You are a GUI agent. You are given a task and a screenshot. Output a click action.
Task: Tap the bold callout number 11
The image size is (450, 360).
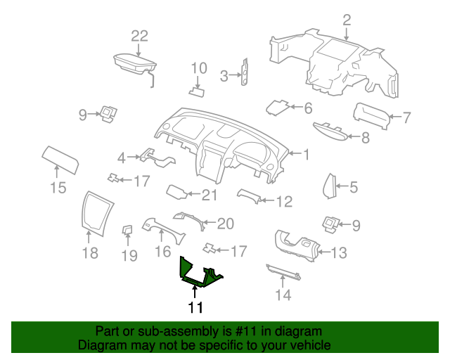coord(195,307)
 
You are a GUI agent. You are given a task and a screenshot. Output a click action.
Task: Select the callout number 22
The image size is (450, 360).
coord(139,36)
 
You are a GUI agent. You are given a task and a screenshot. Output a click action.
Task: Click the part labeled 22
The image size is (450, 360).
coord(134,65)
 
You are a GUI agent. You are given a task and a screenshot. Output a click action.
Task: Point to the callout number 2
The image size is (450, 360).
coord(347,20)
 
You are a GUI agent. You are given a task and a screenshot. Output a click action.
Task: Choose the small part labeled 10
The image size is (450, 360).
coord(197,92)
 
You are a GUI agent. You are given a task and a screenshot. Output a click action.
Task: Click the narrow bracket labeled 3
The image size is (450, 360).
coord(245,72)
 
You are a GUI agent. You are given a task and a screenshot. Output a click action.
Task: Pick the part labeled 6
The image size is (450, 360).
coord(276,108)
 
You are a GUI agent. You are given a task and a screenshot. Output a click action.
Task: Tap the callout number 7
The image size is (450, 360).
coord(406,117)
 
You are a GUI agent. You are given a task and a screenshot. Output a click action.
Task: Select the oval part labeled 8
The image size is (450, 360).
coord(330,132)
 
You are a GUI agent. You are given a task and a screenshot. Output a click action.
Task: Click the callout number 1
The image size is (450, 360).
coord(307,155)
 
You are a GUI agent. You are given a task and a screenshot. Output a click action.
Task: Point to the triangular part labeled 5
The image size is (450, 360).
coord(330,186)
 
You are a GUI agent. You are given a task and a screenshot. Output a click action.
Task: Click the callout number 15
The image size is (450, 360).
coord(58,188)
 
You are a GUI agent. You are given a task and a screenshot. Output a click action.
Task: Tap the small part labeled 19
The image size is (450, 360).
coord(127,230)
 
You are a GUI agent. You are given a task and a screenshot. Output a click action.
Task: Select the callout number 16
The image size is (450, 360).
coord(162,252)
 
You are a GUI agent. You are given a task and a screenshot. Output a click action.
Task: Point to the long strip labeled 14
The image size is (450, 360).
coord(283,272)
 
